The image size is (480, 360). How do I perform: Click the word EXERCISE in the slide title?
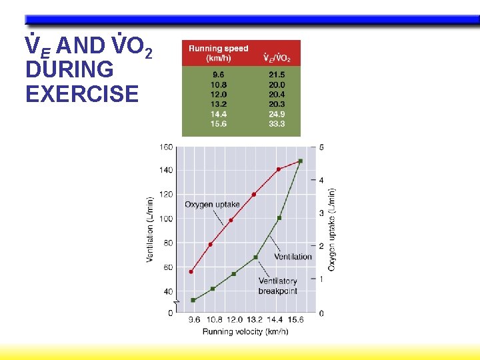click(82, 94)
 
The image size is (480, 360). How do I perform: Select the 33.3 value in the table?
click(277, 124)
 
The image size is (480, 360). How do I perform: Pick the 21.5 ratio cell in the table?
click(277, 75)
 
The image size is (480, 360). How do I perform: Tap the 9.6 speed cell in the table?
click(218, 75)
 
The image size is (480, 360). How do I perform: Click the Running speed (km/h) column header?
click(218, 53)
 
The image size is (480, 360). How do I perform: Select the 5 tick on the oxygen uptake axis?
click(322, 147)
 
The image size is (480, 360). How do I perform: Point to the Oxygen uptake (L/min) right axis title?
click(331, 229)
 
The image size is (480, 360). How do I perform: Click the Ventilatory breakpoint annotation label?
click(278, 286)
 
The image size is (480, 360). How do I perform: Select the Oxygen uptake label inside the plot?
click(212, 204)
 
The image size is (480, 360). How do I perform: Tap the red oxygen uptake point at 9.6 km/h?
click(191, 271)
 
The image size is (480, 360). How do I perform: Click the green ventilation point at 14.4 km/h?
click(279, 218)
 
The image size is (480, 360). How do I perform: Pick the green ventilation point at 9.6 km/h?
click(193, 300)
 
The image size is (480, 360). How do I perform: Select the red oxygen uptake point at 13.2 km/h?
click(254, 195)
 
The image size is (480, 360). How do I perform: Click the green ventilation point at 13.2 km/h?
click(255, 257)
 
